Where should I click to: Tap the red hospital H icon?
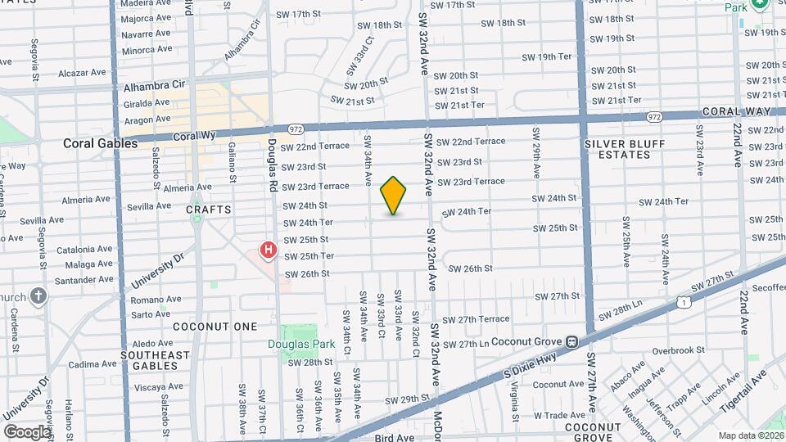point(268,250)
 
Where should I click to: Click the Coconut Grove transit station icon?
point(573,341)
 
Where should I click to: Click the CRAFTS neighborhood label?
point(209,210)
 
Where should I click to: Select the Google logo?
point(27,431)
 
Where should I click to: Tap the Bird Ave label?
point(395,438)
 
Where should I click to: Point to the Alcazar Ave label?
point(84,72)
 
